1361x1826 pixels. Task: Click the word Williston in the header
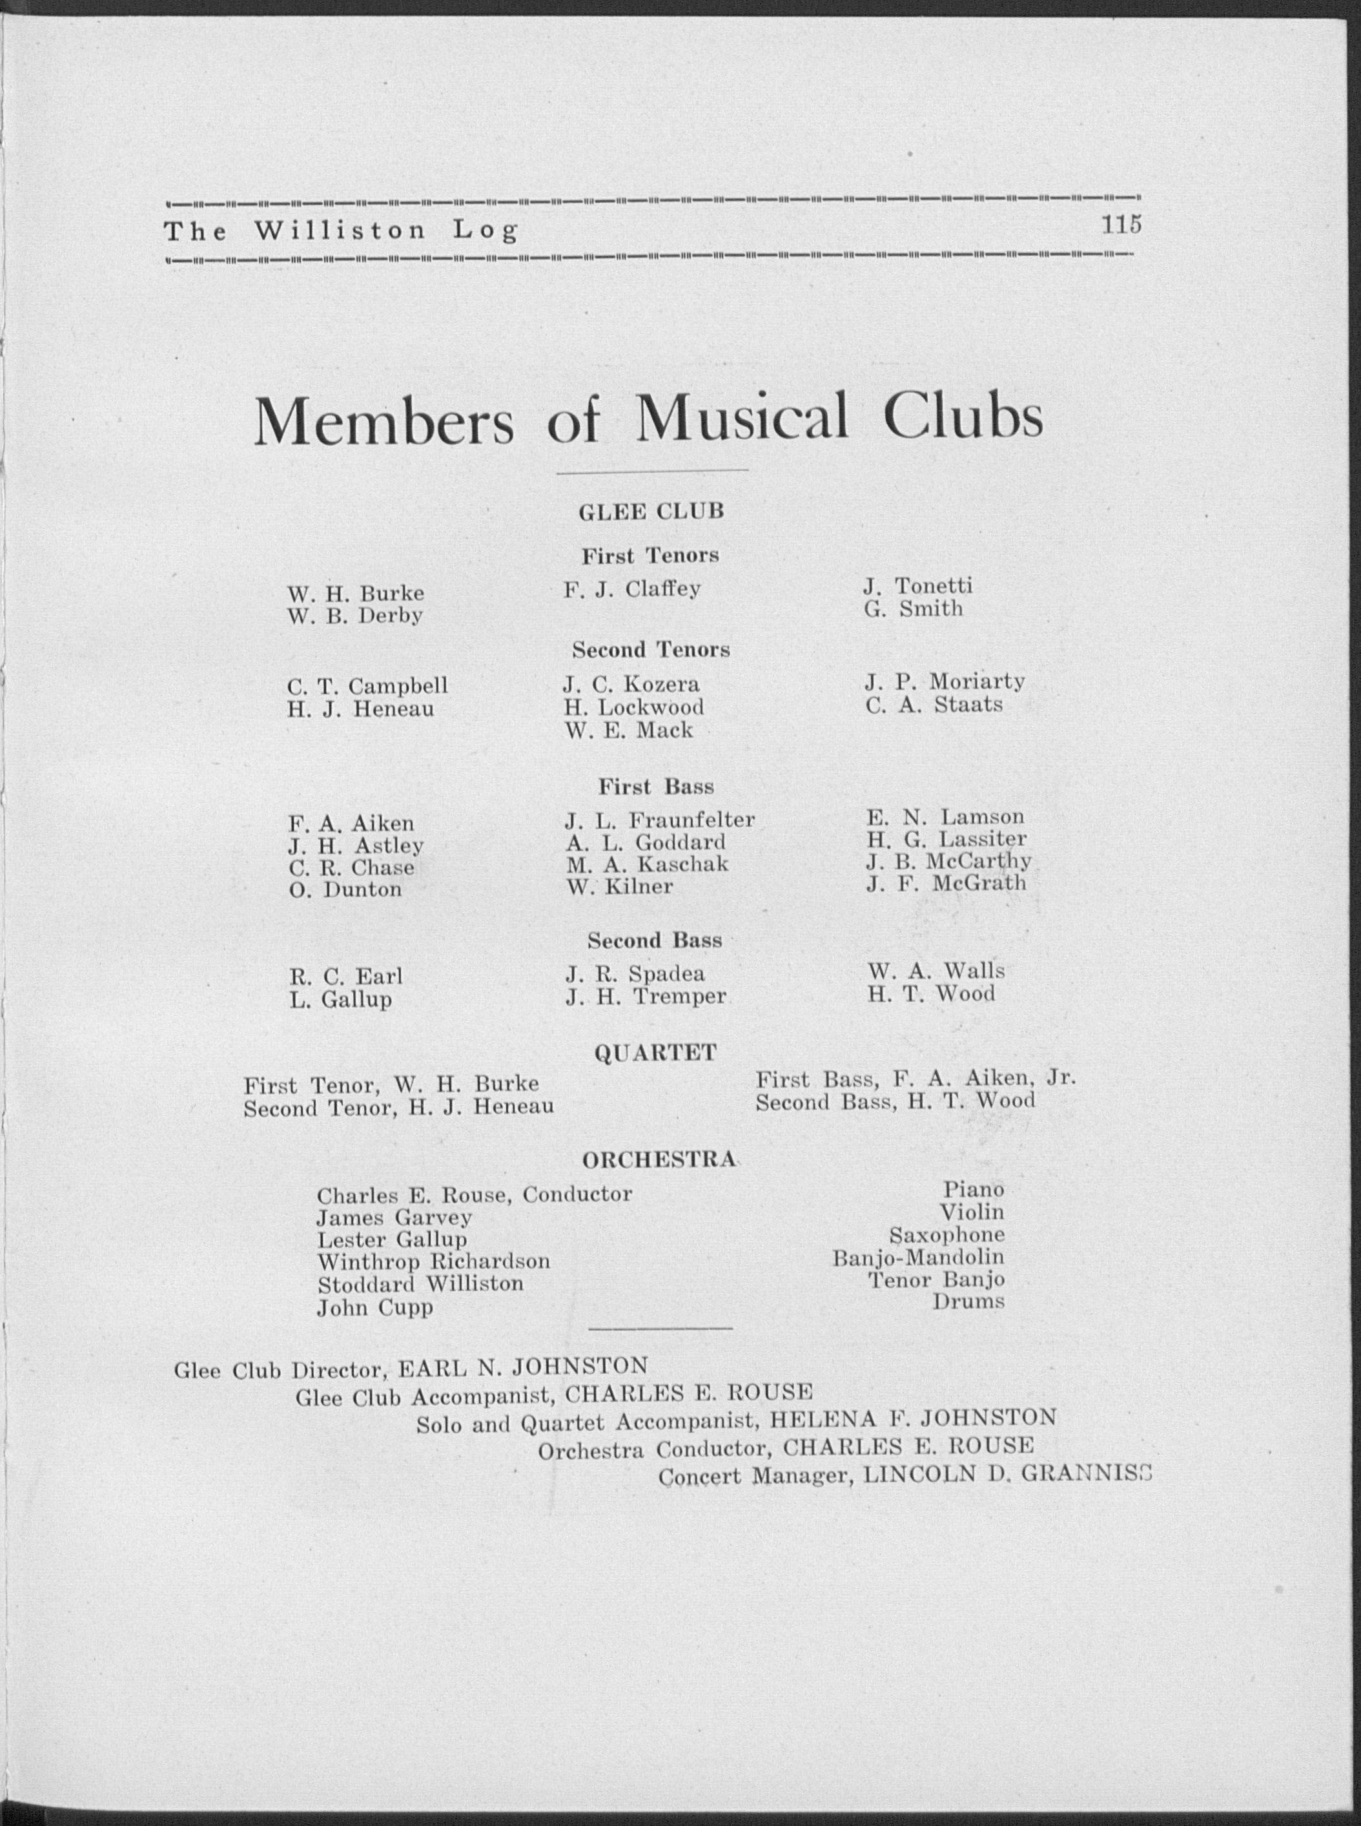pyautogui.click(x=340, y=231)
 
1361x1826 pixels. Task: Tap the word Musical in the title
pyautogui.click(x=741, y=419)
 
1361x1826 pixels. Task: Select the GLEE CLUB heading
pyautogui.click(x=651, y=512)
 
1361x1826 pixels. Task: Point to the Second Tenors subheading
pyautogui.click(x=651, y=650)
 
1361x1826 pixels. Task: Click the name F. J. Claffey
pyautogui.click(x=632, y=590)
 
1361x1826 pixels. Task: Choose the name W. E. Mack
pyautogui.click(x=629, y=730)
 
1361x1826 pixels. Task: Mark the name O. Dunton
pyautogui.click(x=345, y=890)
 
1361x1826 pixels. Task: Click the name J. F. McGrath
pyautogui.click(x=946, y=884)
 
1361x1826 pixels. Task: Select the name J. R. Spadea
pyautogui.click(x=635, y=974)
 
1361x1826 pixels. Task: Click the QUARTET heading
pyautogui.click(x=655, y=1053)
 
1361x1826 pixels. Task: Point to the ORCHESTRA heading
pyautogui.click(x=659, y=1160)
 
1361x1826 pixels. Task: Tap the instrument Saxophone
pyautogui.click(x=947, y=1235)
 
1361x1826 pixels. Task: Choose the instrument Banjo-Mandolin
pyautogui.click(x=917, y=1258)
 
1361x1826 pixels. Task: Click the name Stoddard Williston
pyautogui.click(x=420, y=1285)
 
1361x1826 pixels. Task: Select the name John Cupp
pyautogui.click(x=375, y=1308)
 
